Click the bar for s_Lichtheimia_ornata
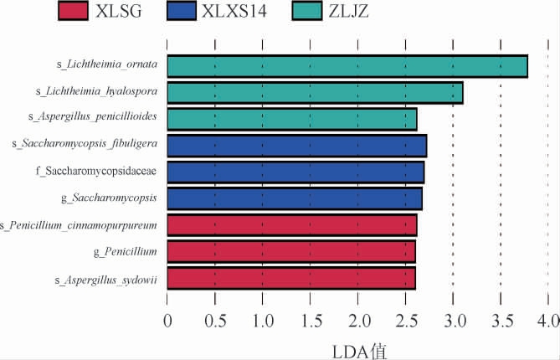[x=347, y=66]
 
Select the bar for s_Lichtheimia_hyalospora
[x=315, y=93]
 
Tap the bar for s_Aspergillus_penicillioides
[x=292, y=120]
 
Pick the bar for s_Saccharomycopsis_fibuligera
[x=297, y=146]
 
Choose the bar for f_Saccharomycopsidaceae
[x=295, y=172]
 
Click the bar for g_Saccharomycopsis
[x=295, y=198]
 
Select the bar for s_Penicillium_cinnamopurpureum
[x=292, y=225]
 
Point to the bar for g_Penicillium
[x=291, y=251]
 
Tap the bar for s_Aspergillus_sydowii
[x=291, y=278]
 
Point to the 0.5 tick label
[x=215, y=321]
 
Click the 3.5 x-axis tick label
[x=501, y=321]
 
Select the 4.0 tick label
[x=547, y=321]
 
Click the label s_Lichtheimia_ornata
[x=102, y=64]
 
